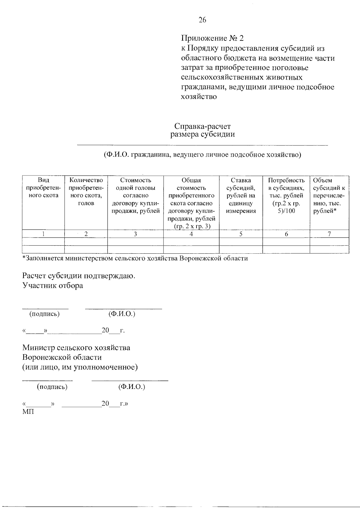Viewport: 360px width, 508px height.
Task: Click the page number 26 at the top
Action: tap(202, 20)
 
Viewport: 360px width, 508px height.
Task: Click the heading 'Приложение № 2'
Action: tap(213, 38)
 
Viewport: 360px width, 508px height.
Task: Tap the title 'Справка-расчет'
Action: tap(202, 126)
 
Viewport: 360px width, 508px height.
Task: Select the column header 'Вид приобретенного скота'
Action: tap(43, 188)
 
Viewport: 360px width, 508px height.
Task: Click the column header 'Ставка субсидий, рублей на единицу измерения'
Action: tap(241, 196)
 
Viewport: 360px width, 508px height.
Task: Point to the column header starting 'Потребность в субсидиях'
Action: tap(286, 196)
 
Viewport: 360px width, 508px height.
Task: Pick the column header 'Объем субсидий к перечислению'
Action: tap(329, 196)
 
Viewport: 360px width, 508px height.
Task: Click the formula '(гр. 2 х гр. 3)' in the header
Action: tap(191, 226)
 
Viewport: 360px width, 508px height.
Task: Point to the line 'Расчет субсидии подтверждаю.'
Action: tap(79, 276)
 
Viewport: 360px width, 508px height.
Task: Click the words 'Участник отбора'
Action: tap(53, 285)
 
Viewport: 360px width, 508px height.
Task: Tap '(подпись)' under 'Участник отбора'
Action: tap(44, 314)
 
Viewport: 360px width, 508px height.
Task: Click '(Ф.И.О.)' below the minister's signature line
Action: tap(132, 387)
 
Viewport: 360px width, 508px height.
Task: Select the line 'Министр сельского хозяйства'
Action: tap(76, 348)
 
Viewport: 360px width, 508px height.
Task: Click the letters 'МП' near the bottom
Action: tap(28, 412)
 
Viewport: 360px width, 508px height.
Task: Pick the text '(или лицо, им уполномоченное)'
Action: tap(80, 367)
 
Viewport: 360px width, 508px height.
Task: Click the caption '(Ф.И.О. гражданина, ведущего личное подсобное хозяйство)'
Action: tap(202, 155)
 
